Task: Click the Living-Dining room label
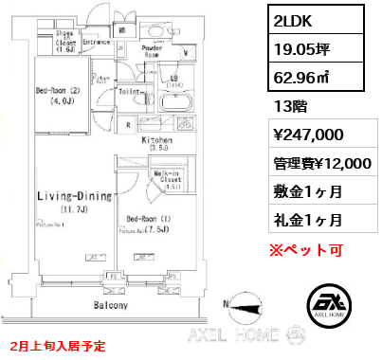click(75, 197)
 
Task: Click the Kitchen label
click(156, 140)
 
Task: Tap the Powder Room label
click(155, 50)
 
